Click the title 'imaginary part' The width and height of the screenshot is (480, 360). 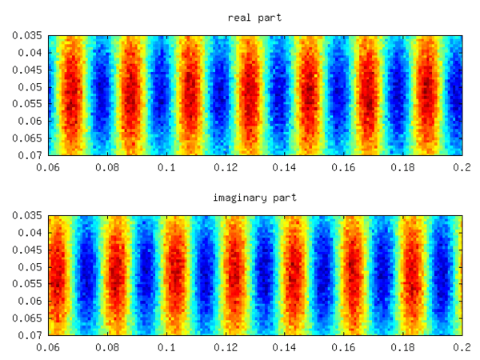pos(254,198)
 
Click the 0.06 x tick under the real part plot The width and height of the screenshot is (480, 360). pos(48,167)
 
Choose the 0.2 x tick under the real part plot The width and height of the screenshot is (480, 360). pos(462,167)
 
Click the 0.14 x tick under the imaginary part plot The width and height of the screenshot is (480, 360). pos(285,348)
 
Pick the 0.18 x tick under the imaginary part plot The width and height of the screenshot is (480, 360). pos(403,348)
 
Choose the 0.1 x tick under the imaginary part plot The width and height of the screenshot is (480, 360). pos(166,348)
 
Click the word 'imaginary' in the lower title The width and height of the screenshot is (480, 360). pos(242,198)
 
